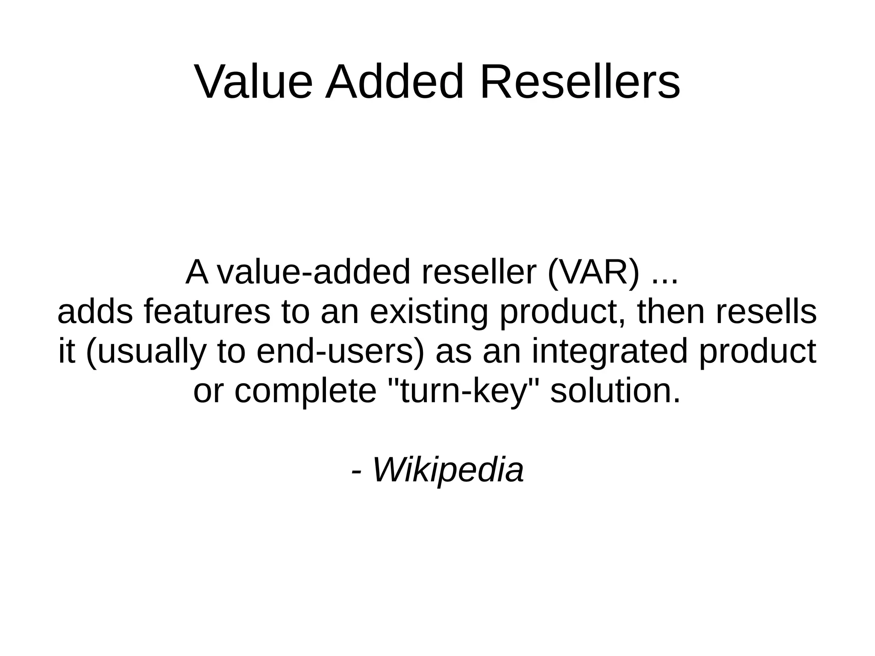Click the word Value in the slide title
click(254, 82)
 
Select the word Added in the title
click(394, 82)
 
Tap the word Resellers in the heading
click(580, 82)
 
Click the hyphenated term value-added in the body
click(314, 273)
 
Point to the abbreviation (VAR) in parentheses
click(594, 273)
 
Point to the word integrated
click(610, 351)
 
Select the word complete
click(305, 391)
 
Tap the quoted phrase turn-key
click(463, 391)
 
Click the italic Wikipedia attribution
click(448, 470)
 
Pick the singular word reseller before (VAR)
click(479, 273)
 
